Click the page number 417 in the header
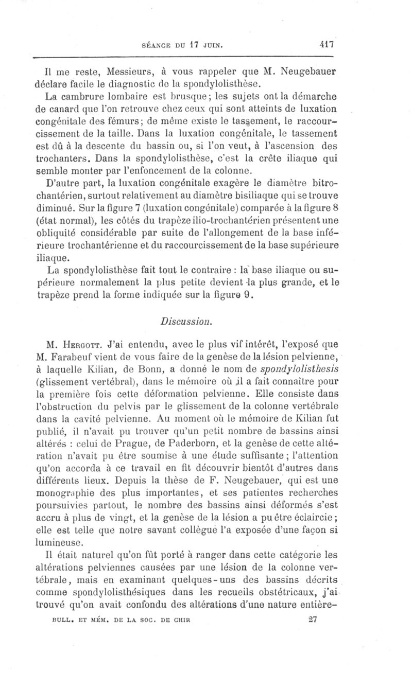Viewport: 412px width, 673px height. [x=325, y=44]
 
